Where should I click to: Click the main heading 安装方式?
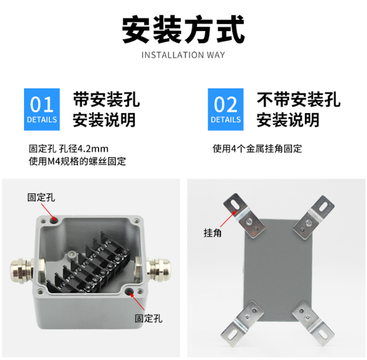point(183,30)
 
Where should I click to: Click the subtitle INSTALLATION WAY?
point(183,55)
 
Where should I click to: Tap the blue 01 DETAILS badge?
point(42,109)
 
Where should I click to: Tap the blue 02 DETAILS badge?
point(226,109)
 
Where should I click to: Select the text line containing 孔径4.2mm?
point(68,149)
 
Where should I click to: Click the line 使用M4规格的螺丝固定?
point(77,161)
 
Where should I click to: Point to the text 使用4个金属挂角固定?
point(257,149)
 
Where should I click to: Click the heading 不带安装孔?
point(299,100)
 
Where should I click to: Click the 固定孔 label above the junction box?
point(41,198)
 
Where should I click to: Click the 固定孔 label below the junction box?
point(148,318)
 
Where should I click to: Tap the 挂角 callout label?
point(212,233)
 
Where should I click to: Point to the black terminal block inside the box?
point(89,264)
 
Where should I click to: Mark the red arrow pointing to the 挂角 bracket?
point(228,219)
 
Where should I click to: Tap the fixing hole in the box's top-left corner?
point(53,219)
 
